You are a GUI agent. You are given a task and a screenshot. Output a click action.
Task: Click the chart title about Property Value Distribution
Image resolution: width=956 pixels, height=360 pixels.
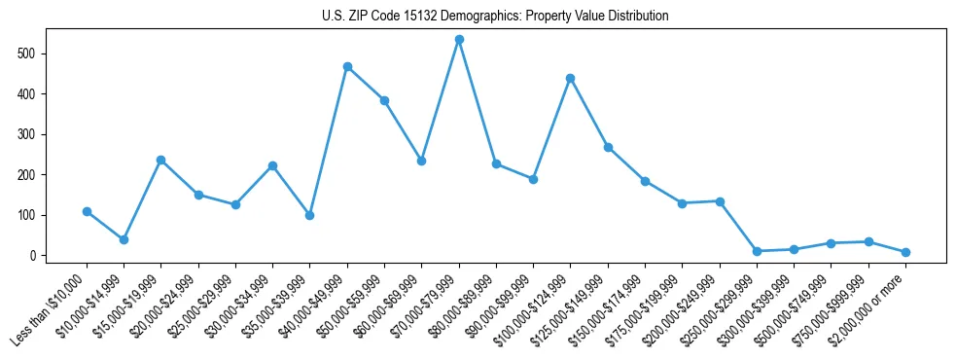(495, 16)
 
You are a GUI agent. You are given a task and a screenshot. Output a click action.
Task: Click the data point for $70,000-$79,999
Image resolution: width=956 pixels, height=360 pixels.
(459, 40)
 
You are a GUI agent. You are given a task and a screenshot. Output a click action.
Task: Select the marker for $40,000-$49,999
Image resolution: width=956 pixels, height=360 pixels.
(347, 67)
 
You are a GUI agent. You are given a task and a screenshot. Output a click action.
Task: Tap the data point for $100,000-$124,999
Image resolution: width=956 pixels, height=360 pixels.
(570, 78)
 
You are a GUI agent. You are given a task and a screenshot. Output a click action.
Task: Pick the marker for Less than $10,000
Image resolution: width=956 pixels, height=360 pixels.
(87, 211)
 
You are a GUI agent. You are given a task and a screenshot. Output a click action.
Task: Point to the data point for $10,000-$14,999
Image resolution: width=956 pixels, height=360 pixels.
(124, 239)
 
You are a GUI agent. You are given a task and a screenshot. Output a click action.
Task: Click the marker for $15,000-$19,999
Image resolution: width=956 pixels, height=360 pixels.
(160, 160)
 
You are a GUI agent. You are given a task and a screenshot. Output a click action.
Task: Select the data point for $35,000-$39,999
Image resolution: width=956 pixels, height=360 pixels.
(309, 215)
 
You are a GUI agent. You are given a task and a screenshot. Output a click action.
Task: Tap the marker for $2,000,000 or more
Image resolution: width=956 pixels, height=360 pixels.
(905, 252)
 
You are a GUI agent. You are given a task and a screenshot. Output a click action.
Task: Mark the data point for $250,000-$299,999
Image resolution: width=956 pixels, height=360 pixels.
(757, 251)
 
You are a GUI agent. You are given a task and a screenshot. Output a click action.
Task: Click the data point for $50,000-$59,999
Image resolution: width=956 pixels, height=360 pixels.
(384, 100)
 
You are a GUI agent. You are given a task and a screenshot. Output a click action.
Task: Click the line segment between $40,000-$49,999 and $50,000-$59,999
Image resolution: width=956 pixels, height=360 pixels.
(366, 84)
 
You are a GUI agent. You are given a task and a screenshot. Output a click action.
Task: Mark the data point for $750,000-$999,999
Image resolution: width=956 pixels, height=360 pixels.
(868, 241)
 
